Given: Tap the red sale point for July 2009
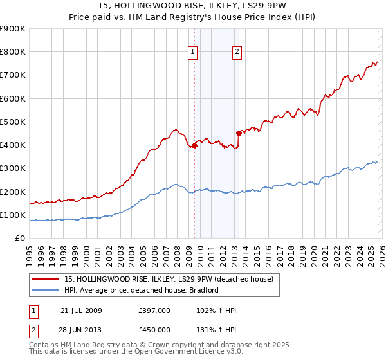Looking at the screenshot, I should [x=194, y=146].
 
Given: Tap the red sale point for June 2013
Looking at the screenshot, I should [x=239, y=134].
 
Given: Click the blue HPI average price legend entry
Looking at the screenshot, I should [x=142, y=290].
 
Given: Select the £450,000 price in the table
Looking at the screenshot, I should [x=154, y=330].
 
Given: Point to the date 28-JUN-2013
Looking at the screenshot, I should [x=81, y=330].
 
